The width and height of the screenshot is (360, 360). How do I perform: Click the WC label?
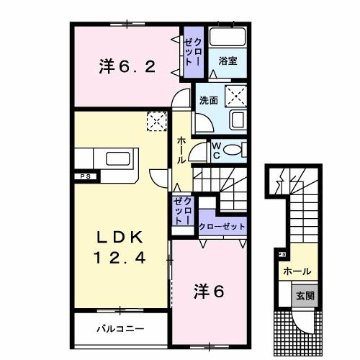click(215, 150)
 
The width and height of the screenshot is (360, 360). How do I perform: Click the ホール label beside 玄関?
click(297, 271)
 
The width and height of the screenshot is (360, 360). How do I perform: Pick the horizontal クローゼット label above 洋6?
click(222, 226)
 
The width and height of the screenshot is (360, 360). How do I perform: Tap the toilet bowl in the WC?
click(233, 150)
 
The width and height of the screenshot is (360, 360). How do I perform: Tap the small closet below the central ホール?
click(183, 210)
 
